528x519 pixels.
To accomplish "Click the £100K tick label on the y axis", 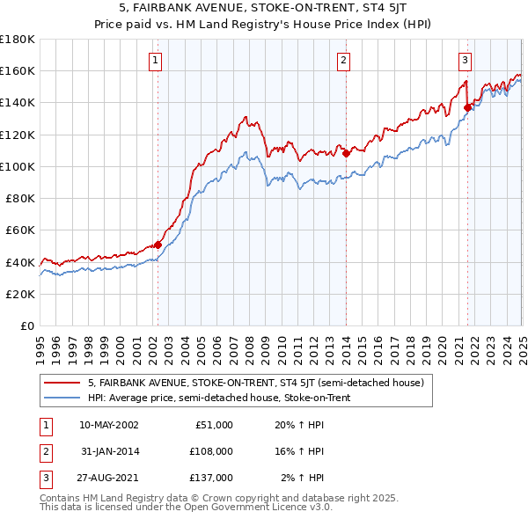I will (x=18, y=166).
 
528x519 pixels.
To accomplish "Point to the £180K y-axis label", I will (x=18, y=39).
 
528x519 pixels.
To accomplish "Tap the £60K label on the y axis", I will (x=20, y=230).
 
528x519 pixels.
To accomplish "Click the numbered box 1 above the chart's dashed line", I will (x=155, y=61).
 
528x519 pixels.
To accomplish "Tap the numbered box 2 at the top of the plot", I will (x=343, y=61).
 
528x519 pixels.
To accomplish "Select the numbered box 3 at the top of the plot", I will (x=465, y=61).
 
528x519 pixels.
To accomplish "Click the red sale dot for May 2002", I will (x=158, y=245).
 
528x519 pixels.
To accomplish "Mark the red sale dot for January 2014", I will (x=347, y=153).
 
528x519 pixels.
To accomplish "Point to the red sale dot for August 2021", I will (x=468, y=107).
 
